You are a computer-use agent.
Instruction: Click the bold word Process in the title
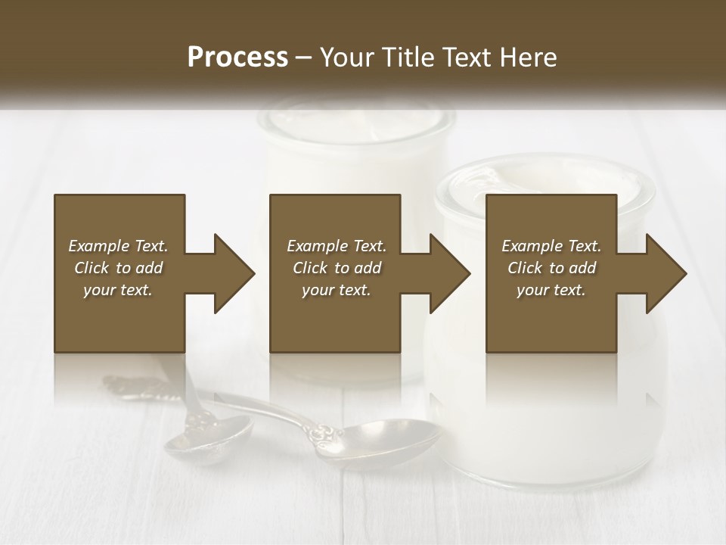[237, 57]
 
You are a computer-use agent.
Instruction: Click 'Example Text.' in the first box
[118, 246]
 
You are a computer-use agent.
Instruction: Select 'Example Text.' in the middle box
[336, 246]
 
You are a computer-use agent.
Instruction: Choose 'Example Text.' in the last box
[551, 246]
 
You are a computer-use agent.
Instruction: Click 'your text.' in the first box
[118, 290]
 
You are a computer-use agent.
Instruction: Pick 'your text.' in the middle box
[336, 290]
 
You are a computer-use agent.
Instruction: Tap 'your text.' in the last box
[551, 290]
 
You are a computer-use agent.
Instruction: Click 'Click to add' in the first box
[118, 268]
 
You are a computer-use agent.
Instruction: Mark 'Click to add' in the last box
[551, 268]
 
